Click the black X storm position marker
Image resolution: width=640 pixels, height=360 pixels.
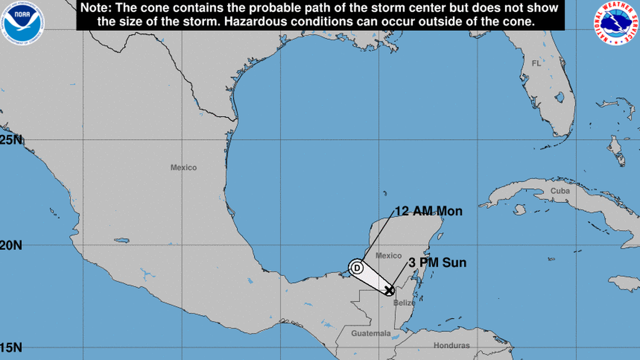click(389, 290)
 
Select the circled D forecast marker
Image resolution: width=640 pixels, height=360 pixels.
click(356, 267)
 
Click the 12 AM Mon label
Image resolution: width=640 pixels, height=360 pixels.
click(428, 211)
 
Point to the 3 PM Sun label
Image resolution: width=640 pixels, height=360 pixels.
click(438, 263)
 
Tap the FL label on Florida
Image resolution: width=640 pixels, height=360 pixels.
click(536, 63)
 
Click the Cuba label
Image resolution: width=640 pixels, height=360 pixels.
click(560, 191)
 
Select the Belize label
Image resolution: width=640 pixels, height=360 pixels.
click(404, 303)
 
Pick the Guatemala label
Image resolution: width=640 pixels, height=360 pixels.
click(371, 334)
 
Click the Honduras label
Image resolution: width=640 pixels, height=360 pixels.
click(451, 345)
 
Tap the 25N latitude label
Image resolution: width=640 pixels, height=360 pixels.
click(11, 140)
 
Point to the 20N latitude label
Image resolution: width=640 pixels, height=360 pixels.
click(11, 245)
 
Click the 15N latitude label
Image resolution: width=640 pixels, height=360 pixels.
click(11, 348)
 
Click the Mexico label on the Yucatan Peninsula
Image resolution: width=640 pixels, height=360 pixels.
click(388, 256)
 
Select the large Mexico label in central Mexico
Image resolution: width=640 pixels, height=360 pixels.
click(184, 167)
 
